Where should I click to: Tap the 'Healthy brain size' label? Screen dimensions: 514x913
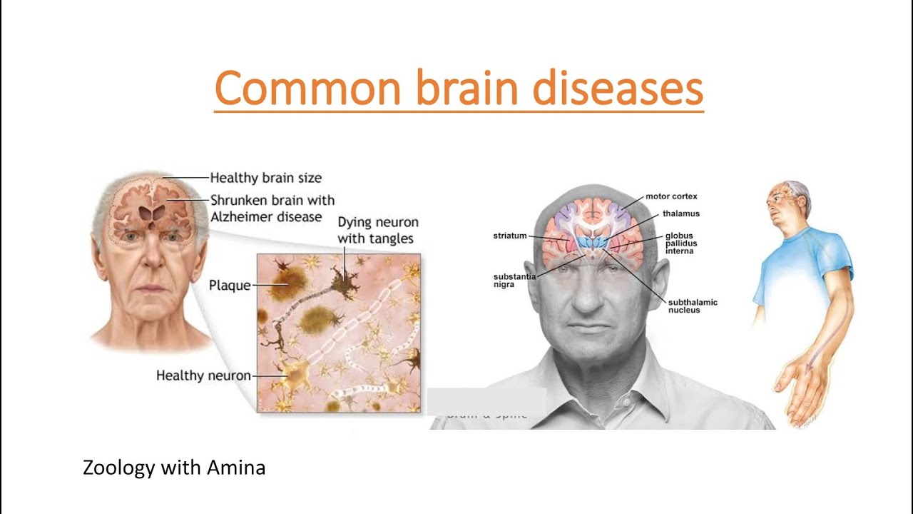pyautogui.click(x=265, y=178)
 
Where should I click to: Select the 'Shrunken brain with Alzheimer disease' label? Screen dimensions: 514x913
pyautogui.click(x=272, y=208)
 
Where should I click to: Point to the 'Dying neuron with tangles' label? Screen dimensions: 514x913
pyautogui.click(x=377, y=230)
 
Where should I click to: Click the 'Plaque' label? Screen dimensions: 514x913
pyautogui.click(x=230, y=286)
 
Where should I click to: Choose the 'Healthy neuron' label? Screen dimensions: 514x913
pyautogui.click(x=203, y=375)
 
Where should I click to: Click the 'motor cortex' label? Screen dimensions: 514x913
pyautogui.click(x=671, y=196)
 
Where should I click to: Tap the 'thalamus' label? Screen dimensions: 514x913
pyautogui.click(x=680, y=213)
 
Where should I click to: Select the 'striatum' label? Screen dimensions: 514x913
pyautogui.click(x=509, y=236)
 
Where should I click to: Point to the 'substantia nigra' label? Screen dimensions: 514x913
pyautogui.click(x=514, y=281)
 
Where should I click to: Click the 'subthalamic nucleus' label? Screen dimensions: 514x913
pyautogui.click(x=692, y=306)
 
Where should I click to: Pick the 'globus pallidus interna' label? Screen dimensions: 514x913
pyautogui.click(x=681, y=243)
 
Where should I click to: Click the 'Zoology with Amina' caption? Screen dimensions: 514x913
pyautogui.click(x=174, y=468)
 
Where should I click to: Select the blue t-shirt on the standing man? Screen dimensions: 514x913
pyautogui.click(x=806, y=257)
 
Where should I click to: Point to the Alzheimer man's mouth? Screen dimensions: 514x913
pyautogui.click(x=151, y=288)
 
